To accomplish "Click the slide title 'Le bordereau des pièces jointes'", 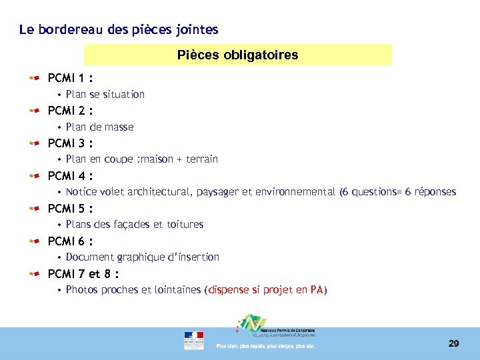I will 119,30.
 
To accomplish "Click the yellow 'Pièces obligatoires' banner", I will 238,55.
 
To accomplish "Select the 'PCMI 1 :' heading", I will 70,78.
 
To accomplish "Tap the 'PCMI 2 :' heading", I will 70,111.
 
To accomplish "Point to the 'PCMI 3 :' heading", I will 70,143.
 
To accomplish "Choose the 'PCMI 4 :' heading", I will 70,176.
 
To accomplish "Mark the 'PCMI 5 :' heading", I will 70,209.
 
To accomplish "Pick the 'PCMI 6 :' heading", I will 70,241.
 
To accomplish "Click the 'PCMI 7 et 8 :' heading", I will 83,274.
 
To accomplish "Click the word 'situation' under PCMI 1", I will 123,95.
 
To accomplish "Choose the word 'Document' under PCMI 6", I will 89,257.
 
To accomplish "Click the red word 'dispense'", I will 231,290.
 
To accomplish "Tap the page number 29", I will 453,344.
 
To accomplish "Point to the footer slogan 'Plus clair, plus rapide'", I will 265,346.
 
